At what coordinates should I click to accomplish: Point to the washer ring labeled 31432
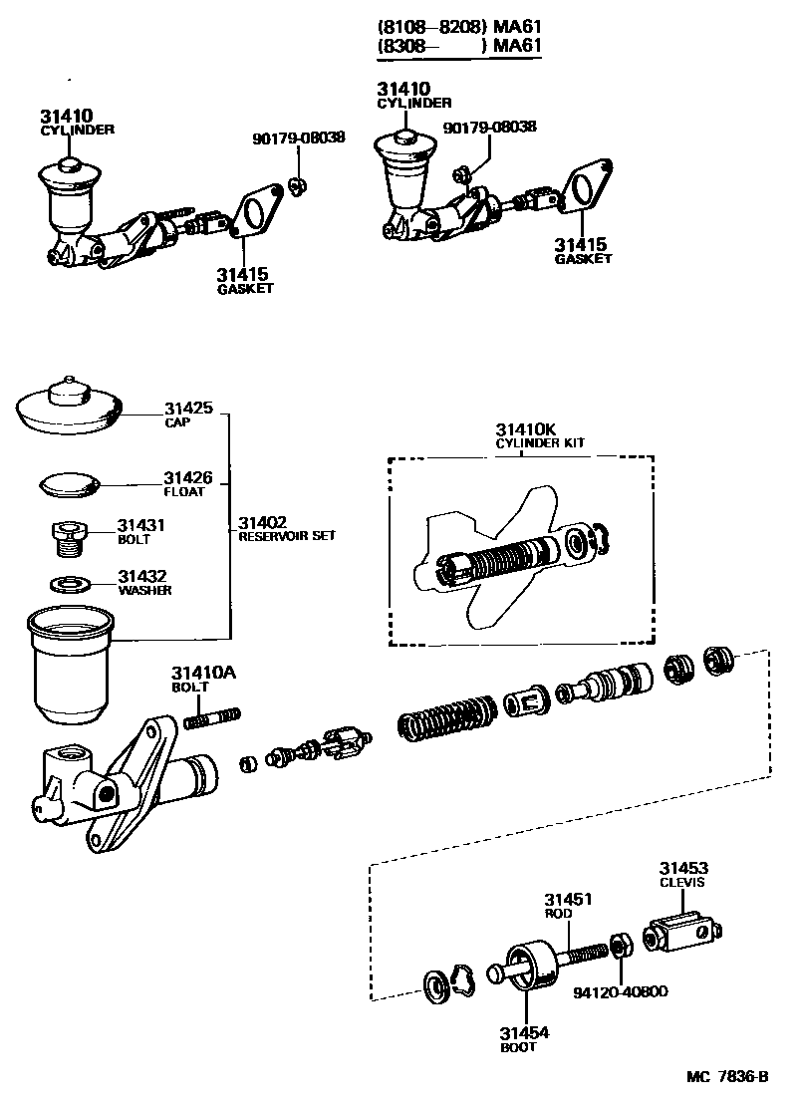(x=70, y=582)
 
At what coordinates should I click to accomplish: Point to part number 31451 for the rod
(x=568, y=899)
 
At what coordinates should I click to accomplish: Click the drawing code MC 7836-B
(x=727, y=1077)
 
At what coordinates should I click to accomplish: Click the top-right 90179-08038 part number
(x=489, y=127)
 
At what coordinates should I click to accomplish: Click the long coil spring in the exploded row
(x=447, y=718)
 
